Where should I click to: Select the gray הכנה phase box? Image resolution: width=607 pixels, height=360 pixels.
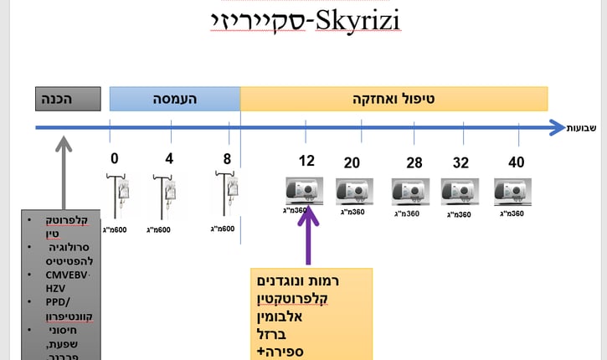[x=69, y=99]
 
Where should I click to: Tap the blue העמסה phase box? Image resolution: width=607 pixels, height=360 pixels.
[x=174, y=99]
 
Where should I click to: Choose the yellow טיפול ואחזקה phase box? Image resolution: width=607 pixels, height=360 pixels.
[x=394, y=99]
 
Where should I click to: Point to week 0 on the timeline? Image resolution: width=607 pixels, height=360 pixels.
[x=115, y=158]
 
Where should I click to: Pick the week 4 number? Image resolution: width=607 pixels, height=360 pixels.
[x=169, y=158]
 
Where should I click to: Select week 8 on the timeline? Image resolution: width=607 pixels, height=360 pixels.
[x=227, y=158]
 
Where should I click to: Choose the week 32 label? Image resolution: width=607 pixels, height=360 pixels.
[x=462, y=162]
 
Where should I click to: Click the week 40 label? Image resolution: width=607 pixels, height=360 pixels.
[x=517, y=162]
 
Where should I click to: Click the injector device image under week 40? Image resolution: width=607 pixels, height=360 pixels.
[x=511, y=192]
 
